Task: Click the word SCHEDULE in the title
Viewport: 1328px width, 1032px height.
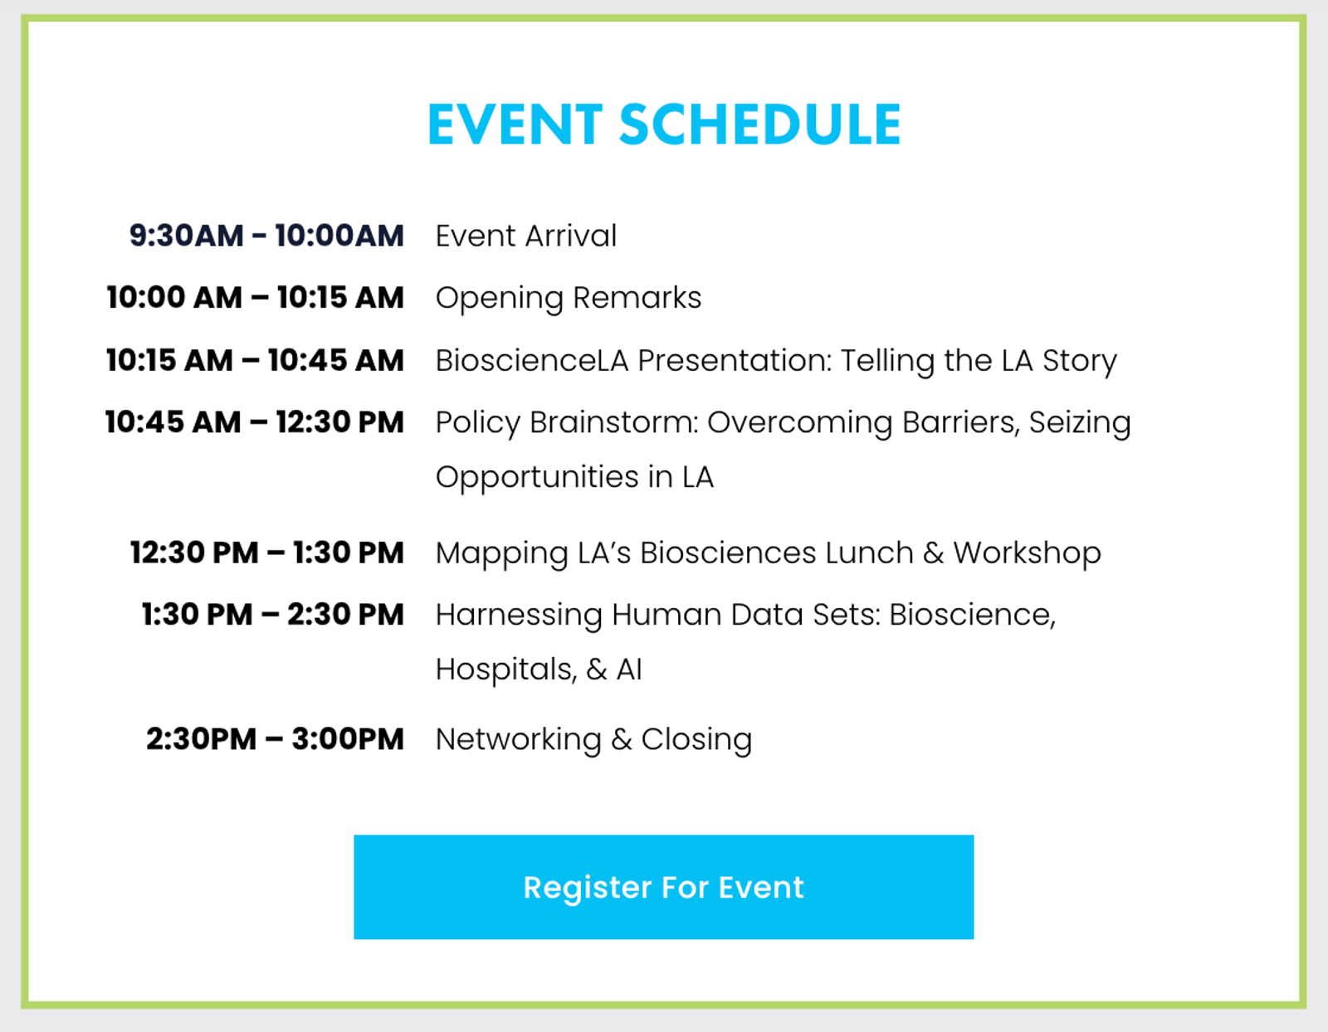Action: coord(760,124)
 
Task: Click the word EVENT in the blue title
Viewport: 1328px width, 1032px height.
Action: coord(515,124)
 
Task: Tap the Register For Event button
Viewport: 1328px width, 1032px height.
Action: coord(664,887)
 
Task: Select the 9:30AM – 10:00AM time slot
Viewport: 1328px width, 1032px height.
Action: coord(266,235)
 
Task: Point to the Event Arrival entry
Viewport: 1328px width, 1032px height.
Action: coord(526,236)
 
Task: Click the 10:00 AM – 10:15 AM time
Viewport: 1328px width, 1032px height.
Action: coord(256,297)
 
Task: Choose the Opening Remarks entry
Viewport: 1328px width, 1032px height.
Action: coord(569,299)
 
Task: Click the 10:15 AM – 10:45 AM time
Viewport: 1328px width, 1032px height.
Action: coord(256,360)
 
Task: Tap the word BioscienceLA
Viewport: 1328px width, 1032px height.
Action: coord(532,360)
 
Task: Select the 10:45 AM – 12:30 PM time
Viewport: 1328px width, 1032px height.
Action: coord(255,422)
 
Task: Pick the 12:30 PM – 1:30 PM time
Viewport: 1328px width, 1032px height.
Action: coord(267,553)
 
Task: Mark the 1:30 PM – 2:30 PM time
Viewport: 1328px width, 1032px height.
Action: coord(272,615)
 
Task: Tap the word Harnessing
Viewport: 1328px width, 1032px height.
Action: coord(519,616)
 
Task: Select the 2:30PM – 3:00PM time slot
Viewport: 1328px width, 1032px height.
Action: coord(275,739)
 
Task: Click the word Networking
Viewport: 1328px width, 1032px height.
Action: coord(518,740)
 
